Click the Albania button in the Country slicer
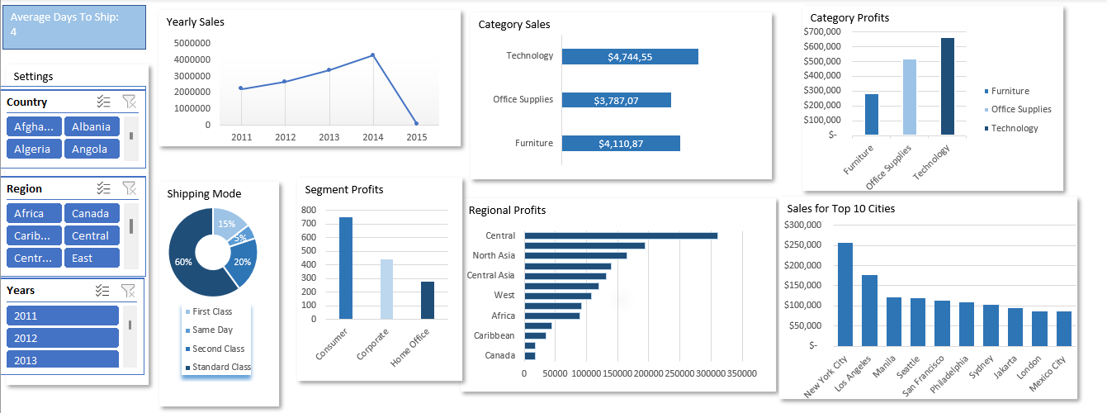92,126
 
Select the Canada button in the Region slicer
92,213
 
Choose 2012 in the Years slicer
63,338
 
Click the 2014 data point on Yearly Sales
372,55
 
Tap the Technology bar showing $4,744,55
630,56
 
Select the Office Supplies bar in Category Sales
616,100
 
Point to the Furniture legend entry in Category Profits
1010,91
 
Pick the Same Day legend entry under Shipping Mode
212,330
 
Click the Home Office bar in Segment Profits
428,300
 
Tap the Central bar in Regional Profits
621,235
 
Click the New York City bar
844,294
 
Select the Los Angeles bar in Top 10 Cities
869,311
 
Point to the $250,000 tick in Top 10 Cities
802,244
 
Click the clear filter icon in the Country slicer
129,102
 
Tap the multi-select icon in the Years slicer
103,290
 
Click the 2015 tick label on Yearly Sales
417,137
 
